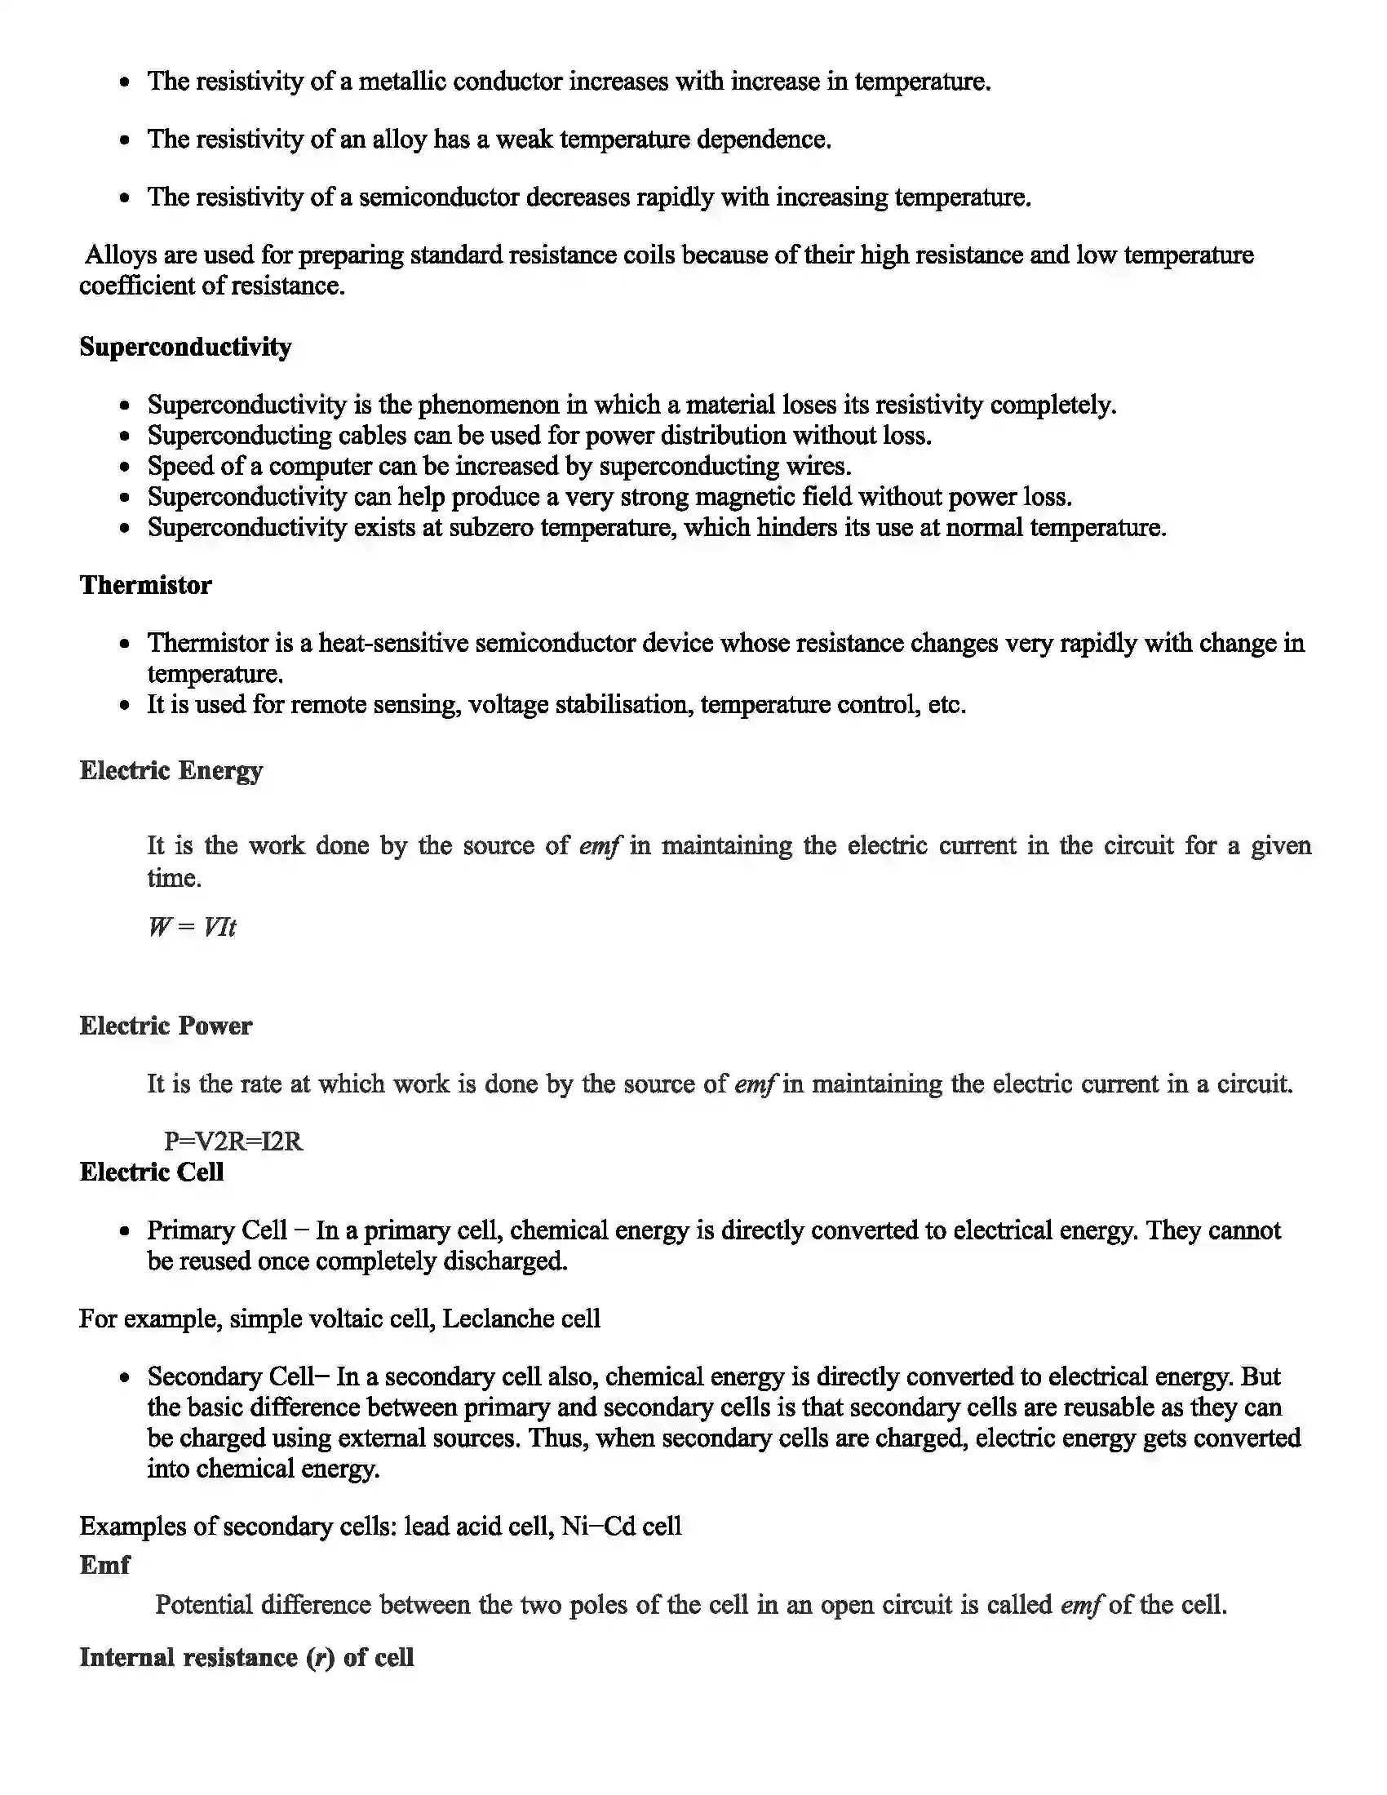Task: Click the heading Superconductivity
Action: click(x=185, y=347)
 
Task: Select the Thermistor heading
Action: click(x=145, y=585)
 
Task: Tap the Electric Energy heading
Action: click(x=171, y=770)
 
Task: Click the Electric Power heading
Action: click(x=165, y=1026)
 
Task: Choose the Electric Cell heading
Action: click(x=151, y=1172)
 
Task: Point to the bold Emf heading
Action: click(x=104, y=1565)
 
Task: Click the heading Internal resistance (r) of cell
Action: click(x=246, y=1657)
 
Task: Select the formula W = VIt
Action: click(x=193, y=927)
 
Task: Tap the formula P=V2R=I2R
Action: click(x=233, y=1141)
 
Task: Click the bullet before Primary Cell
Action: click(x=124, y=1232)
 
